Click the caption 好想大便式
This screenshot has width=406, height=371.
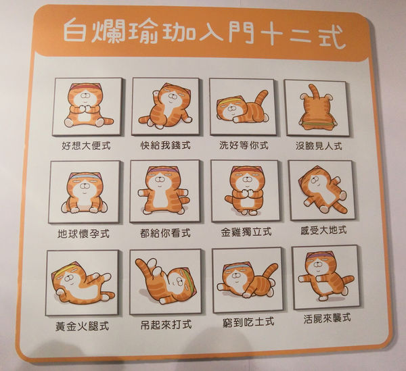[x=86, y=146]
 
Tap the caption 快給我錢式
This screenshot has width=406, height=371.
[x=166, y=145]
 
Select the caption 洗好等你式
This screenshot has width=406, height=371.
[x=244, y=145]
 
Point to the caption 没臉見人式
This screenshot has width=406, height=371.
[x=319, y=146]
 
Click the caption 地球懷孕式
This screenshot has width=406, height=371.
[x=83, y=234]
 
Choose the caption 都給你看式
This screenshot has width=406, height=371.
[x=166, y=233]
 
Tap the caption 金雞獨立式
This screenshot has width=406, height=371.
[x=246, y=232]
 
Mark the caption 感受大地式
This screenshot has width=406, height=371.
[x=323, y=230]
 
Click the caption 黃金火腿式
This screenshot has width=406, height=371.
[x=82, y=326]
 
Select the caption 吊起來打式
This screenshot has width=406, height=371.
[x=166, y=324]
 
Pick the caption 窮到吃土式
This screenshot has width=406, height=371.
[x=248, y=322]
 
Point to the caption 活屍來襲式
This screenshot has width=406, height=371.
[x=327, y=318]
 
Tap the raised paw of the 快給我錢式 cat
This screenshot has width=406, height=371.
[x=156, y=93]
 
